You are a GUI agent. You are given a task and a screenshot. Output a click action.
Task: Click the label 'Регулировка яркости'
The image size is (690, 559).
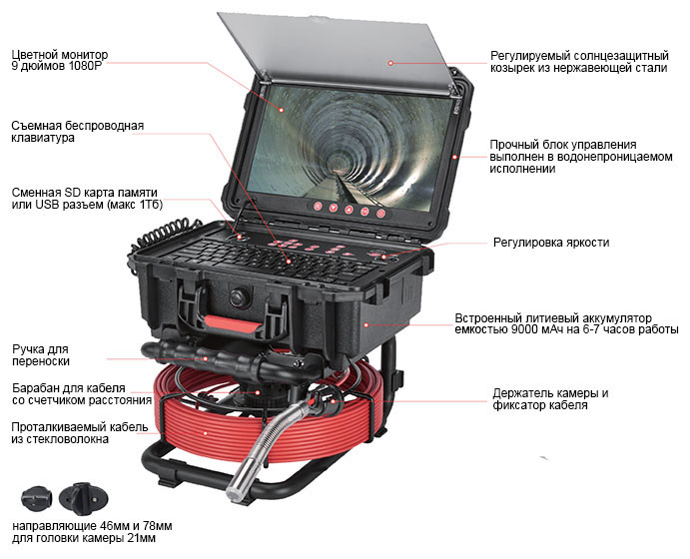pyautogui.click(x=551, y=243)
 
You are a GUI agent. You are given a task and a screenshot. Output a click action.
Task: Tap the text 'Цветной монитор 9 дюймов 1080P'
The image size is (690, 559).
pyautogui.click(x=59, y=60)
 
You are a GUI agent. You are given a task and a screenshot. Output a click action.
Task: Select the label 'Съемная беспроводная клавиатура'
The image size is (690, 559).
pyautogui.click(x=78, y=132)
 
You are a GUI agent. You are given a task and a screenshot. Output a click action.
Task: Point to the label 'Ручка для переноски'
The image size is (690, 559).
pyautogui.click(x=41, y=355)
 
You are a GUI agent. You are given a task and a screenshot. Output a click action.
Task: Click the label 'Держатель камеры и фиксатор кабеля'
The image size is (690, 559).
pyautogui.click(x=550, y=399)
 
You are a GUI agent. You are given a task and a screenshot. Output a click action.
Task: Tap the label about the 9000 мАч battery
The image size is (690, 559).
pyautogui.click(x=567, y=323)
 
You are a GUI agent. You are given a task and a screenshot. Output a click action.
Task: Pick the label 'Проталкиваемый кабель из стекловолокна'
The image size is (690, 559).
pyautogui.click(x=80, y=433)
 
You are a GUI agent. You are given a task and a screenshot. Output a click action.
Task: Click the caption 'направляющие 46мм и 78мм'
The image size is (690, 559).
pyautogui.click(x=92, y=526)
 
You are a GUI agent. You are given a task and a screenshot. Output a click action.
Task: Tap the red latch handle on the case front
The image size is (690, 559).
pyautogui.click(x=234, y=324)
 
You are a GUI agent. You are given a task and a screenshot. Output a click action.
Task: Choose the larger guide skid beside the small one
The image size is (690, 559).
pyautogui.click(x=84, y=499)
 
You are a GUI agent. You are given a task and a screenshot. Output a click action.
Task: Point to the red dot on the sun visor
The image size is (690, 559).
pyautogui.click(x=390, y=63)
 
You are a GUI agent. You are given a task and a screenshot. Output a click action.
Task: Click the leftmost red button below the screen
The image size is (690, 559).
pyautogui.click(x=318, y=206)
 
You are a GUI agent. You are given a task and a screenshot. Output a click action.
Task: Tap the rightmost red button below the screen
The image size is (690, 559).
pyautogui.click(x=380, y=214)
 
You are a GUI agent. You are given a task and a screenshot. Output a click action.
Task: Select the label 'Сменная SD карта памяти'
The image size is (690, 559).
pyautogui.click(x=85, y=193)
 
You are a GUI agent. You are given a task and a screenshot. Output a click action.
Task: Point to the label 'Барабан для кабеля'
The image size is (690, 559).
pyautogui.click(x=69, y=388)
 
